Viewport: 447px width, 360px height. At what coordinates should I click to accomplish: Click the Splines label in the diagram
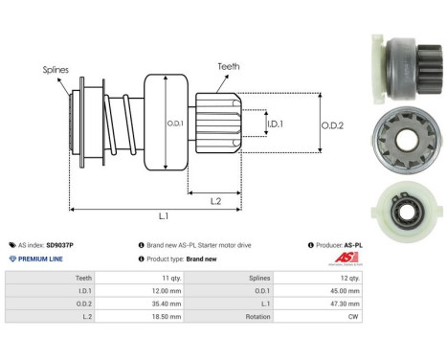coord(55,69)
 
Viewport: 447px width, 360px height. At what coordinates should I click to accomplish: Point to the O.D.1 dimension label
coord(176,121)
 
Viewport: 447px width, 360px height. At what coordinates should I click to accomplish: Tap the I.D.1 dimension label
coord(273,124)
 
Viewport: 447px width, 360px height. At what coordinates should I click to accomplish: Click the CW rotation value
coord(354,314)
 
